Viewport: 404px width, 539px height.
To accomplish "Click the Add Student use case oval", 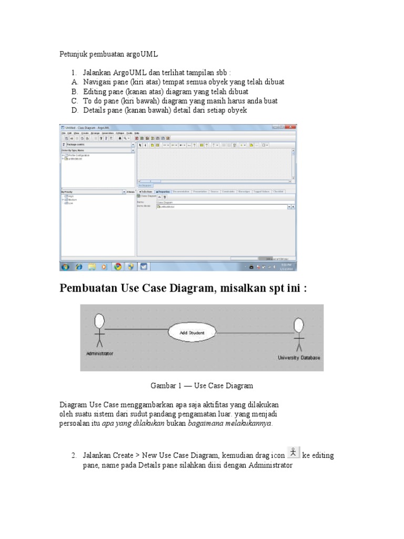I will point(191,333).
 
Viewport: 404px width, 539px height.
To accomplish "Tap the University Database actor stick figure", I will point(299,334).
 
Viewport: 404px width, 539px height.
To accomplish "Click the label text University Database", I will point(299,358).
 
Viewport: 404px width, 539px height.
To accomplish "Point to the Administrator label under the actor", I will point(99,354).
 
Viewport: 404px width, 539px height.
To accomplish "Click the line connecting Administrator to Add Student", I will point(137,330).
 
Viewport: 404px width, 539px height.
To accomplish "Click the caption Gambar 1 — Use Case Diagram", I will point(201,386).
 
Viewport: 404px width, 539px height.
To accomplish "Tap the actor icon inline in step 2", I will point(294,452).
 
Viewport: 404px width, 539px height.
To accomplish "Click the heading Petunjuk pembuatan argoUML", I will point(108,54).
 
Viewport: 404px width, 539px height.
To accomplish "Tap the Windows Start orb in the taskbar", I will point(65,267).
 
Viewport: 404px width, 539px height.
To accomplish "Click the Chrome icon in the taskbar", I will point(118,267).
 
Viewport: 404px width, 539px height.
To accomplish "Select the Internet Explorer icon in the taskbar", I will point(79,267).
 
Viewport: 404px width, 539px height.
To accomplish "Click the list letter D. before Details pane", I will point(75,110).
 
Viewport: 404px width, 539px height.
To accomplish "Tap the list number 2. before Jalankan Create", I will point(75,455).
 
